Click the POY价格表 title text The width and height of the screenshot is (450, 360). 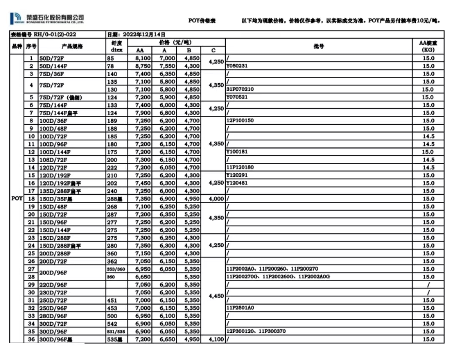tap(202, 21)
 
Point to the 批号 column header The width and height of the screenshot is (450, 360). tap(319, 46)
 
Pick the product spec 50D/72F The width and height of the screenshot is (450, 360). tap(51, 59)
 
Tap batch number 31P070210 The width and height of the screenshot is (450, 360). tap(240, 89)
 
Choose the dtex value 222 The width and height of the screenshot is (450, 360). tap(112, 167)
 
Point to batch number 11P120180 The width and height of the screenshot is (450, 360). tap(240, 167)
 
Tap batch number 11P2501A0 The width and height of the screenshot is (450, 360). tap(240, 308)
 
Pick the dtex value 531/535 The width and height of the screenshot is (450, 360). tap(115, 332)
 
